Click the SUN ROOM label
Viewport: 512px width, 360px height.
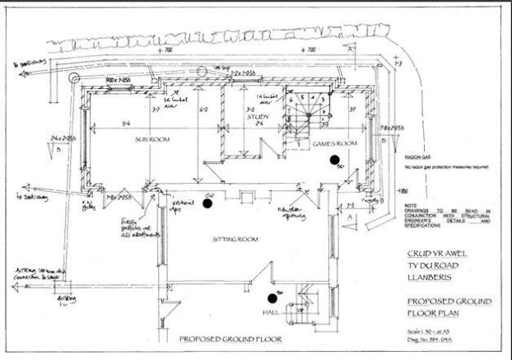click(152, 140)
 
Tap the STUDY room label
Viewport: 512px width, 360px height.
click(258, 117)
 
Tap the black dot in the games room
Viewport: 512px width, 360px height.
click(334, 160)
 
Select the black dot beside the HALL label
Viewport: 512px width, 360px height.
click(271, 300)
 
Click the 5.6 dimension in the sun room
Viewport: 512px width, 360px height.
click(126, 123)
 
